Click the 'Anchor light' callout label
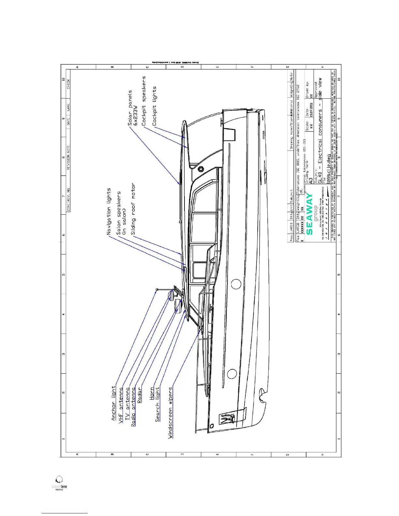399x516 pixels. click(113, 403)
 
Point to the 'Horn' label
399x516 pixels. click(152, 394)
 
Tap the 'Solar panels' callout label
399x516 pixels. click(130, 108)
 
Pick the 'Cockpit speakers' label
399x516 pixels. click(144, 101)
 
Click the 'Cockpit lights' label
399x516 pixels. click(155, 106)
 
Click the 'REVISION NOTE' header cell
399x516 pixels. click(68, 157)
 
